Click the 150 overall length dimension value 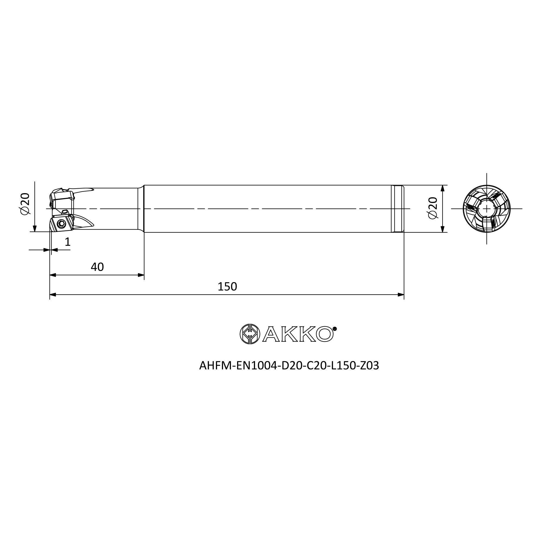tap(227, 286)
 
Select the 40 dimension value tap(97, 267)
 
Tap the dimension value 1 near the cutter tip tap(67, 241)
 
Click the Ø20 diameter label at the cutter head tap(25, 204)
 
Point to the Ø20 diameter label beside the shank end tap(433, 208)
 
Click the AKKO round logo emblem tap(250, 334)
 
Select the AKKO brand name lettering tap(298, 334)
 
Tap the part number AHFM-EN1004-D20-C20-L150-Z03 tap(289, 365)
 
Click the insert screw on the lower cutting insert tap(62, 224)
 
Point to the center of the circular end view tap(486, 209)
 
